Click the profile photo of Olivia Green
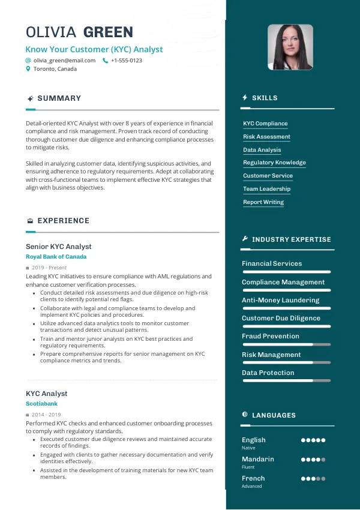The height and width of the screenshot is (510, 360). point(290,47)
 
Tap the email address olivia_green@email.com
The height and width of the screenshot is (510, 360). point(64,61)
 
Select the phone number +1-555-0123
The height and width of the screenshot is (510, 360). point(127,61)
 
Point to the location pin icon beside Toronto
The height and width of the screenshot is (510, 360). point(28,69)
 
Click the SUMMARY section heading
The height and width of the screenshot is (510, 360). point(59,98)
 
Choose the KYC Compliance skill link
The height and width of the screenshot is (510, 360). point(265,124)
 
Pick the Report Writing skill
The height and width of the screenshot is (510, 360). point(263,202)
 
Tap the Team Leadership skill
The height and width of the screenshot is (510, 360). point(266,189)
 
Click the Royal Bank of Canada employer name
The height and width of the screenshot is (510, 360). point(56,257)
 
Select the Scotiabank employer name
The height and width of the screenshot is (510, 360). point(42,404)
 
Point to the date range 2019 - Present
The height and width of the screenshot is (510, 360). point(49,268)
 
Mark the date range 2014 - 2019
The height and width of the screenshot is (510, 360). point(46,415)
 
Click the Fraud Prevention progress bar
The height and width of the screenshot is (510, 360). point(286,344)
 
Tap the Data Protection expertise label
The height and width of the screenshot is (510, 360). point(268,373)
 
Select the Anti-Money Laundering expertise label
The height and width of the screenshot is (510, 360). point(280,300)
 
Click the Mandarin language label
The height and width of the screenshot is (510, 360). point(257,459)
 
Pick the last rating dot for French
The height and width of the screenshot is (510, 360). point(323,479)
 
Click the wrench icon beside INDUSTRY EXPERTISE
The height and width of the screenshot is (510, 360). point(245,239)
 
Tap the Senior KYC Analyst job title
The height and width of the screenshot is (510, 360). point(59,247)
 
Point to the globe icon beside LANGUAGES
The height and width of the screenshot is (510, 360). point(245,415)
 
